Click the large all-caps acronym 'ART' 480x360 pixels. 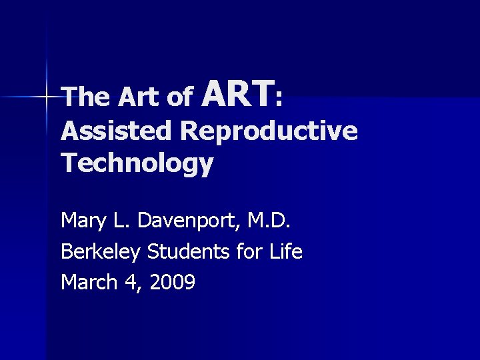(238, 93)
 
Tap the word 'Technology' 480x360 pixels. (137, 163)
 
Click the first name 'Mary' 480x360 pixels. (84, 219)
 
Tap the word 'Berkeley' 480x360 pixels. (100, 252)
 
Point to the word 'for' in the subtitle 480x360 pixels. (231, 251)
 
